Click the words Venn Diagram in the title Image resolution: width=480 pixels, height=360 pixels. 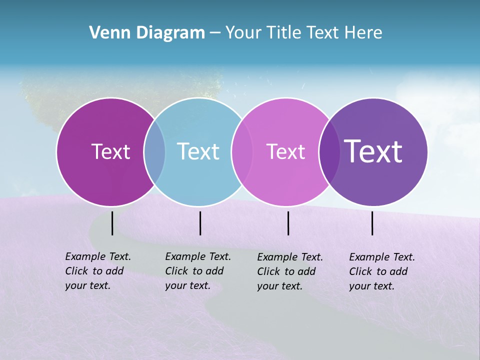[x=147, y=33]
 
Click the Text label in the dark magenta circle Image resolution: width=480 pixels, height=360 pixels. [x=110, y=151]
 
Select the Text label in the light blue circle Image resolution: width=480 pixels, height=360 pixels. [x=198, y=151]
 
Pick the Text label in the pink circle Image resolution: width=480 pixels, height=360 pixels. [x=285, y=151]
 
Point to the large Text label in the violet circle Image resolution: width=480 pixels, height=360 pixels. [x=373, y=151]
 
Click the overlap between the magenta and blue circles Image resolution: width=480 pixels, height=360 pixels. [x=154, y=151]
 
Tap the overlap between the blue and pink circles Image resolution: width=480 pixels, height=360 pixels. [x=241, y=151]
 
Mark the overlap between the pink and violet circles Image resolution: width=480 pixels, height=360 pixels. [x=329, y=151]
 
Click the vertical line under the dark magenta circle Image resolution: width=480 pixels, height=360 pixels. [x=112, y=223]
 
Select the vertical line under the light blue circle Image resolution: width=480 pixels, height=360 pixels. [x=200, y=223]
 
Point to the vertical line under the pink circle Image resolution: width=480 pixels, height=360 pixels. [x=288, y=223]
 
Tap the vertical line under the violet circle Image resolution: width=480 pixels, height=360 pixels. [x=372, y=223]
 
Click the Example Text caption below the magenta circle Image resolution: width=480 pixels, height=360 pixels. [x=98, y=271]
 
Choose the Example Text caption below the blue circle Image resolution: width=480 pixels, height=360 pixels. [x=198, y=271]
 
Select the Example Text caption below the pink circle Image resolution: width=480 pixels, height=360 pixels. [x=290, y=271]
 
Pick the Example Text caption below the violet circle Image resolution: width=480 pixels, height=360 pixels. [x=382, y=271]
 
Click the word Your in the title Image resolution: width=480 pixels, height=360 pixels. [x=243, y=33]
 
